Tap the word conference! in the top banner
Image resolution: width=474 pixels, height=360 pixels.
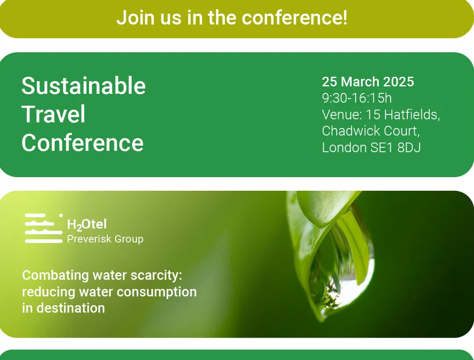pos(295,18)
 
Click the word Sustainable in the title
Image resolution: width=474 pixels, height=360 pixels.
pos(84,86)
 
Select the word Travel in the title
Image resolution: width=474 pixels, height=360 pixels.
pos(53,114)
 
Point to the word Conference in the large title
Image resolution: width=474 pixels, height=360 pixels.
pos(82,143)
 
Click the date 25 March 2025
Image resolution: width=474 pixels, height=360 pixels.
pos(368,82)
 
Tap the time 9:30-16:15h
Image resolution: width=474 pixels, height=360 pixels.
pos(357,98)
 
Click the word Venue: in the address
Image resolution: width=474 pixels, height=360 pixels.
pos(342,114)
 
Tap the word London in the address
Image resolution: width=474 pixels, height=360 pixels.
pos(344,147)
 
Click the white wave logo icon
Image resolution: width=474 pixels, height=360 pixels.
pos(44,228)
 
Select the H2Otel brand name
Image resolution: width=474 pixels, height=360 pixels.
pos(87,225)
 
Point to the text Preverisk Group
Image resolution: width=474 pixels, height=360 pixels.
pos(105,239)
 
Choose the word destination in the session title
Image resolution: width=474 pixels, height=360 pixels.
pos(71,308)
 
